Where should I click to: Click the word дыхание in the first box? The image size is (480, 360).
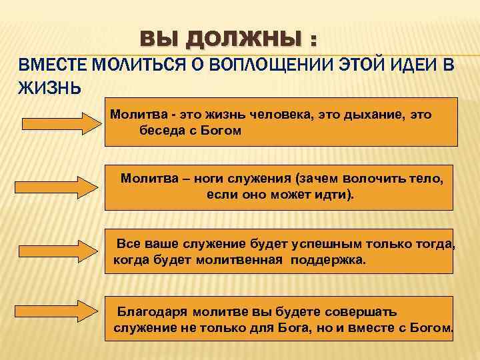point(370,115)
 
